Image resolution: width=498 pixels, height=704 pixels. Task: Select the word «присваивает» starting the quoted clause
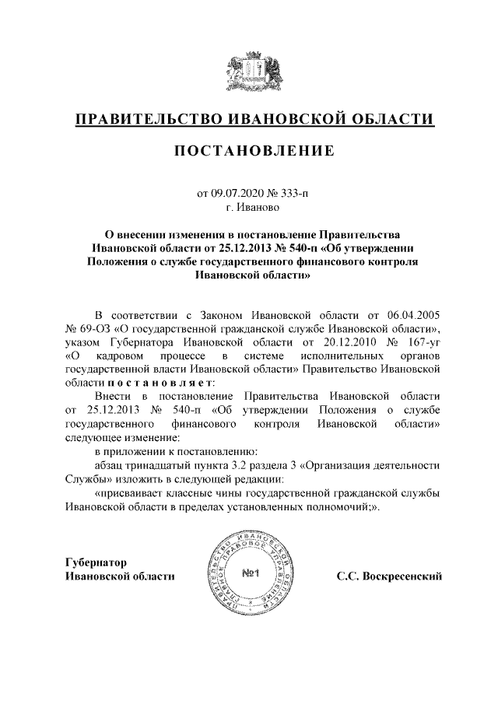[129, 493]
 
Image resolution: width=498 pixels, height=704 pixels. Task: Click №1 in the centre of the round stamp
[251, 574]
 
